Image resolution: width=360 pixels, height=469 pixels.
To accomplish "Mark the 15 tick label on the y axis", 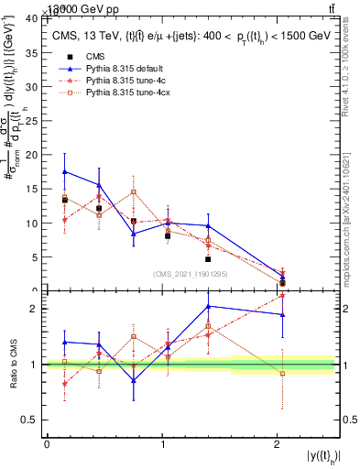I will (x=32, y=189).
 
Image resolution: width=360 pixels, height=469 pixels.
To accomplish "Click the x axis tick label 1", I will (x=162, y=444).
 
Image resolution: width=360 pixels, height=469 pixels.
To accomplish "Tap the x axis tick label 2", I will (x=278, y=444).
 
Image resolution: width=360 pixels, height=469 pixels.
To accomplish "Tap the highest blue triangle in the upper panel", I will (x=64, y=171).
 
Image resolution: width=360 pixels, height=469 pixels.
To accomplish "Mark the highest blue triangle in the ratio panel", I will (x=209, y=306).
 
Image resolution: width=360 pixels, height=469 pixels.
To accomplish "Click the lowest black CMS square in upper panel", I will (x=282, y=283).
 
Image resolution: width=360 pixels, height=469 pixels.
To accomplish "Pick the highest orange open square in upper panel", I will (x=134, y=191).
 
